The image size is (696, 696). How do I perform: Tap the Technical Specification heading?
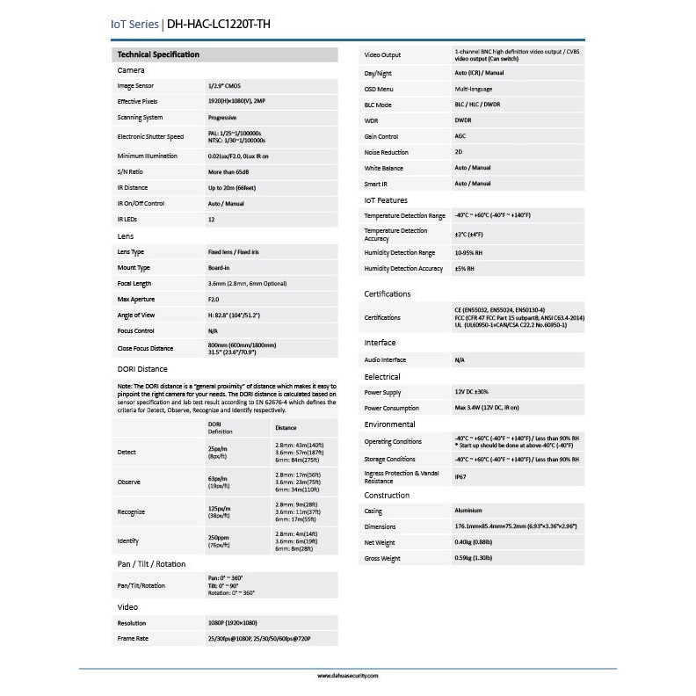(x=158, y=54)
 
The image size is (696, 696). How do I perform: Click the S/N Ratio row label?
(x=130, y=172)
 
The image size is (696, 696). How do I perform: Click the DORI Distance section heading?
(x=142, y=369)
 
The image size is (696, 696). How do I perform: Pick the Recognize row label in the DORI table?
(x=131, y=511)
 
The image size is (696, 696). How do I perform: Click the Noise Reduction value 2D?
(x=459, y=153)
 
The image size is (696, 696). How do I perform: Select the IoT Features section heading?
(x=386, y=199)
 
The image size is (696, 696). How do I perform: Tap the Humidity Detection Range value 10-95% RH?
(x=473, y=252)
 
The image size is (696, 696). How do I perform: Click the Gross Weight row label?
(x=382, y=558)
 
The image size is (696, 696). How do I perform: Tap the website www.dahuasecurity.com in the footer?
(x=347, y=676)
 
